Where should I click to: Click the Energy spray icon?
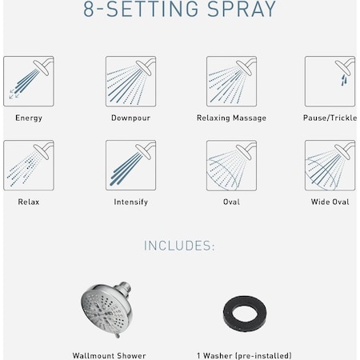coord(29,81)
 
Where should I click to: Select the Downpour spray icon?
coord(130,81)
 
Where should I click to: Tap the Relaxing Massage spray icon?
coord(231,81)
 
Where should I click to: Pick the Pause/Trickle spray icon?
coord(330,81)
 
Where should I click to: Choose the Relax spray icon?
coord(29,165)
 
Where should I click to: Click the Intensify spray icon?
coord(130,165)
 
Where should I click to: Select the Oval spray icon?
coord(231,165)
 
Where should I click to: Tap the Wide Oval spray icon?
coord(330,165)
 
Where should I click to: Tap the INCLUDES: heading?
coord(179,245)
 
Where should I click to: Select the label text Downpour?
coord(130,118)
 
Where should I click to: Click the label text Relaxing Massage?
coord(231,118)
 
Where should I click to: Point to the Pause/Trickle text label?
coord(330,118)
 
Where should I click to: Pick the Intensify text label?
coord(130,202)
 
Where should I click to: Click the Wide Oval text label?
coord(330,202)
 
